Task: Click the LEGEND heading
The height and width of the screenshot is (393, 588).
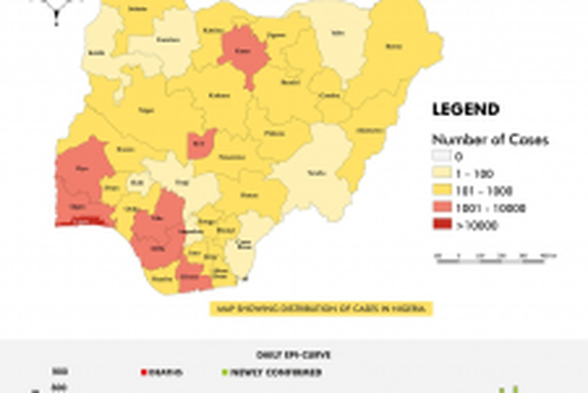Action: coord(465,109)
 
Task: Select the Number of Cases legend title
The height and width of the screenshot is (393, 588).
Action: coord(490,139)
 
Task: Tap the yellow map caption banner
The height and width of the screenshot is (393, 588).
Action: coord(321,308)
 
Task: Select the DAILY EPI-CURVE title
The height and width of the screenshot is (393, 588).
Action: coord(291,354)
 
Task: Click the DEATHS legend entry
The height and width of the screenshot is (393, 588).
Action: coord(163,371)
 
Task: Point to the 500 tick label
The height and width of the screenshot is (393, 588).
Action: coord(60,371)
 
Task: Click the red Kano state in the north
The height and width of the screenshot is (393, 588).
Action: coord(244,50)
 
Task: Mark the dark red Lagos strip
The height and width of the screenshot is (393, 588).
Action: coord(81,222)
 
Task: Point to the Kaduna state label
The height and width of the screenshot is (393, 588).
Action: coord(219,95)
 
